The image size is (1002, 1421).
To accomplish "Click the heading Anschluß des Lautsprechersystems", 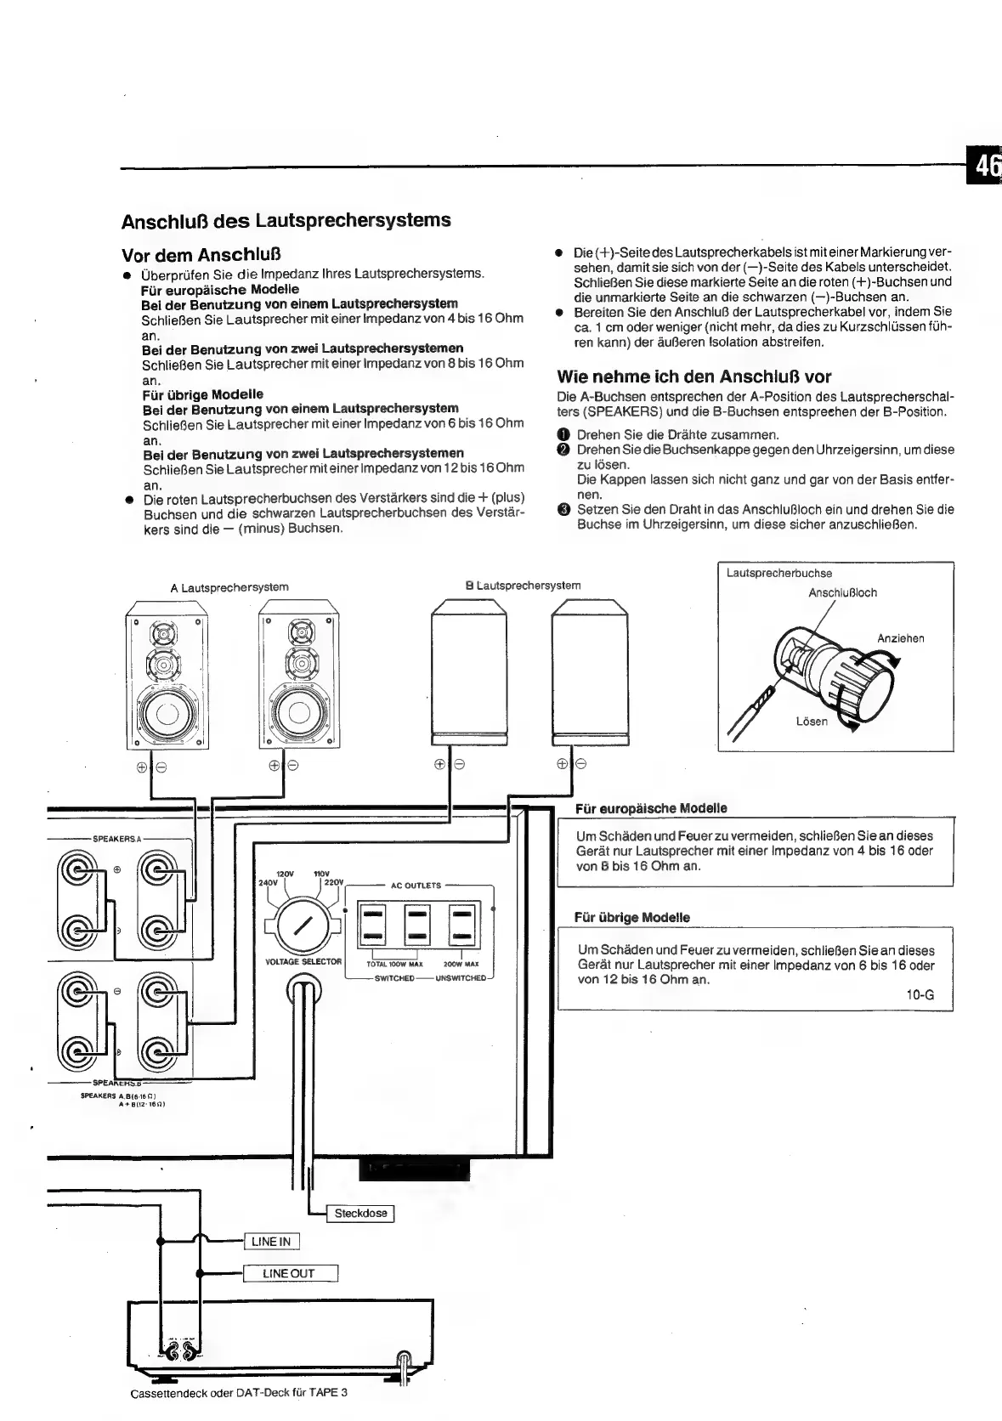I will (286, 221).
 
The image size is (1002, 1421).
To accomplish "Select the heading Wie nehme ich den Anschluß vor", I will (693, 376).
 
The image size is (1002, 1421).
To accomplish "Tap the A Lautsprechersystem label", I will (229, 587).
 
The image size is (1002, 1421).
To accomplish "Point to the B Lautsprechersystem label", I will (523, 586).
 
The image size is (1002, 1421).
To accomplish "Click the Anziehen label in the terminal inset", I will (900, 638).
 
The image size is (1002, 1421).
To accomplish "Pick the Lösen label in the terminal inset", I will (811, 721).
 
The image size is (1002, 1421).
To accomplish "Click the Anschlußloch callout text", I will (842, 592).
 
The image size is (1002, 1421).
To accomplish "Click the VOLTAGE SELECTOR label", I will (303, 962).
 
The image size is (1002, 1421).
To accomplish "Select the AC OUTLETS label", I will (416, 886).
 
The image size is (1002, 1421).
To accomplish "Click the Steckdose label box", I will (360, 1213).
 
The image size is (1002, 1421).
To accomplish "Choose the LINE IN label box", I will (271, 1242).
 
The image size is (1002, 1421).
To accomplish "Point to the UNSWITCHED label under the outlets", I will (460, 978).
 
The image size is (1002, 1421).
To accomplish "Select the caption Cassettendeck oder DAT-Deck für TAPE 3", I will (239, 1393).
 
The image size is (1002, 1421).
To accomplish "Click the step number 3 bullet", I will (563, 510).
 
